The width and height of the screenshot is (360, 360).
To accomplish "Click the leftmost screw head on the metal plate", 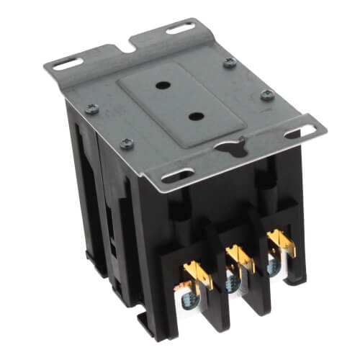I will pos(91,109).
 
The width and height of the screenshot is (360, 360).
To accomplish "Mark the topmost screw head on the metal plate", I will pos(230,63).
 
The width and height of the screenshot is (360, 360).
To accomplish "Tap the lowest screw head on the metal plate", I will pos(127,143).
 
